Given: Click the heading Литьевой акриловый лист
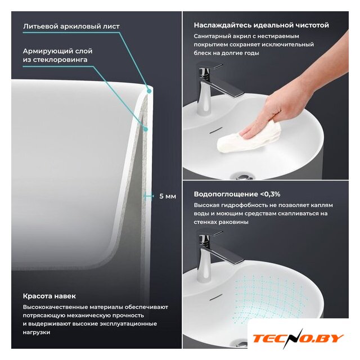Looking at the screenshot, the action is click(71, 26).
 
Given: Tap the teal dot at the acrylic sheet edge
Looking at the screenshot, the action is click(149, 91).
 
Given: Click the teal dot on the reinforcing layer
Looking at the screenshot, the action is click(145, 129).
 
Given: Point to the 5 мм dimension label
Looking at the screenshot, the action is click(168, 196).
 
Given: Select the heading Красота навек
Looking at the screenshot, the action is click(49, 296).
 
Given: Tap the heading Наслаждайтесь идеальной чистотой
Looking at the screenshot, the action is click(261, 25).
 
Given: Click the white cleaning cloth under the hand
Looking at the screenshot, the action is click(249, 138).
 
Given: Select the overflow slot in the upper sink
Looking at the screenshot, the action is click(215, 130).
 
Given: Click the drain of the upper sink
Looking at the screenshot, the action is click(242, 177).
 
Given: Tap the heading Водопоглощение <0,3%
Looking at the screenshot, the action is click(237, 194).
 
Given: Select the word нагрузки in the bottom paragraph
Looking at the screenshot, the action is click(36, 332).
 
